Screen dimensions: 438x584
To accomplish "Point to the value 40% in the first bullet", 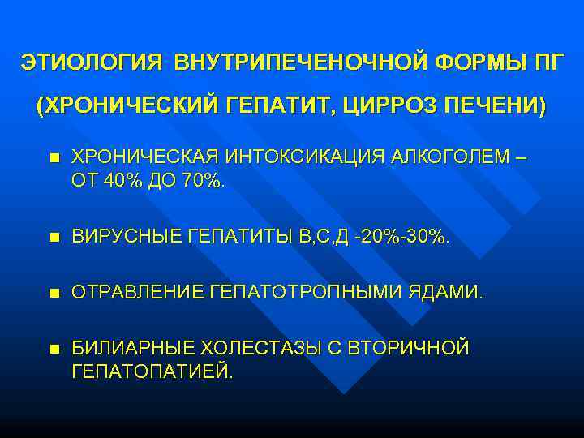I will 120,179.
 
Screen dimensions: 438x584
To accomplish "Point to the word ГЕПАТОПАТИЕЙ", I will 151,371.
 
